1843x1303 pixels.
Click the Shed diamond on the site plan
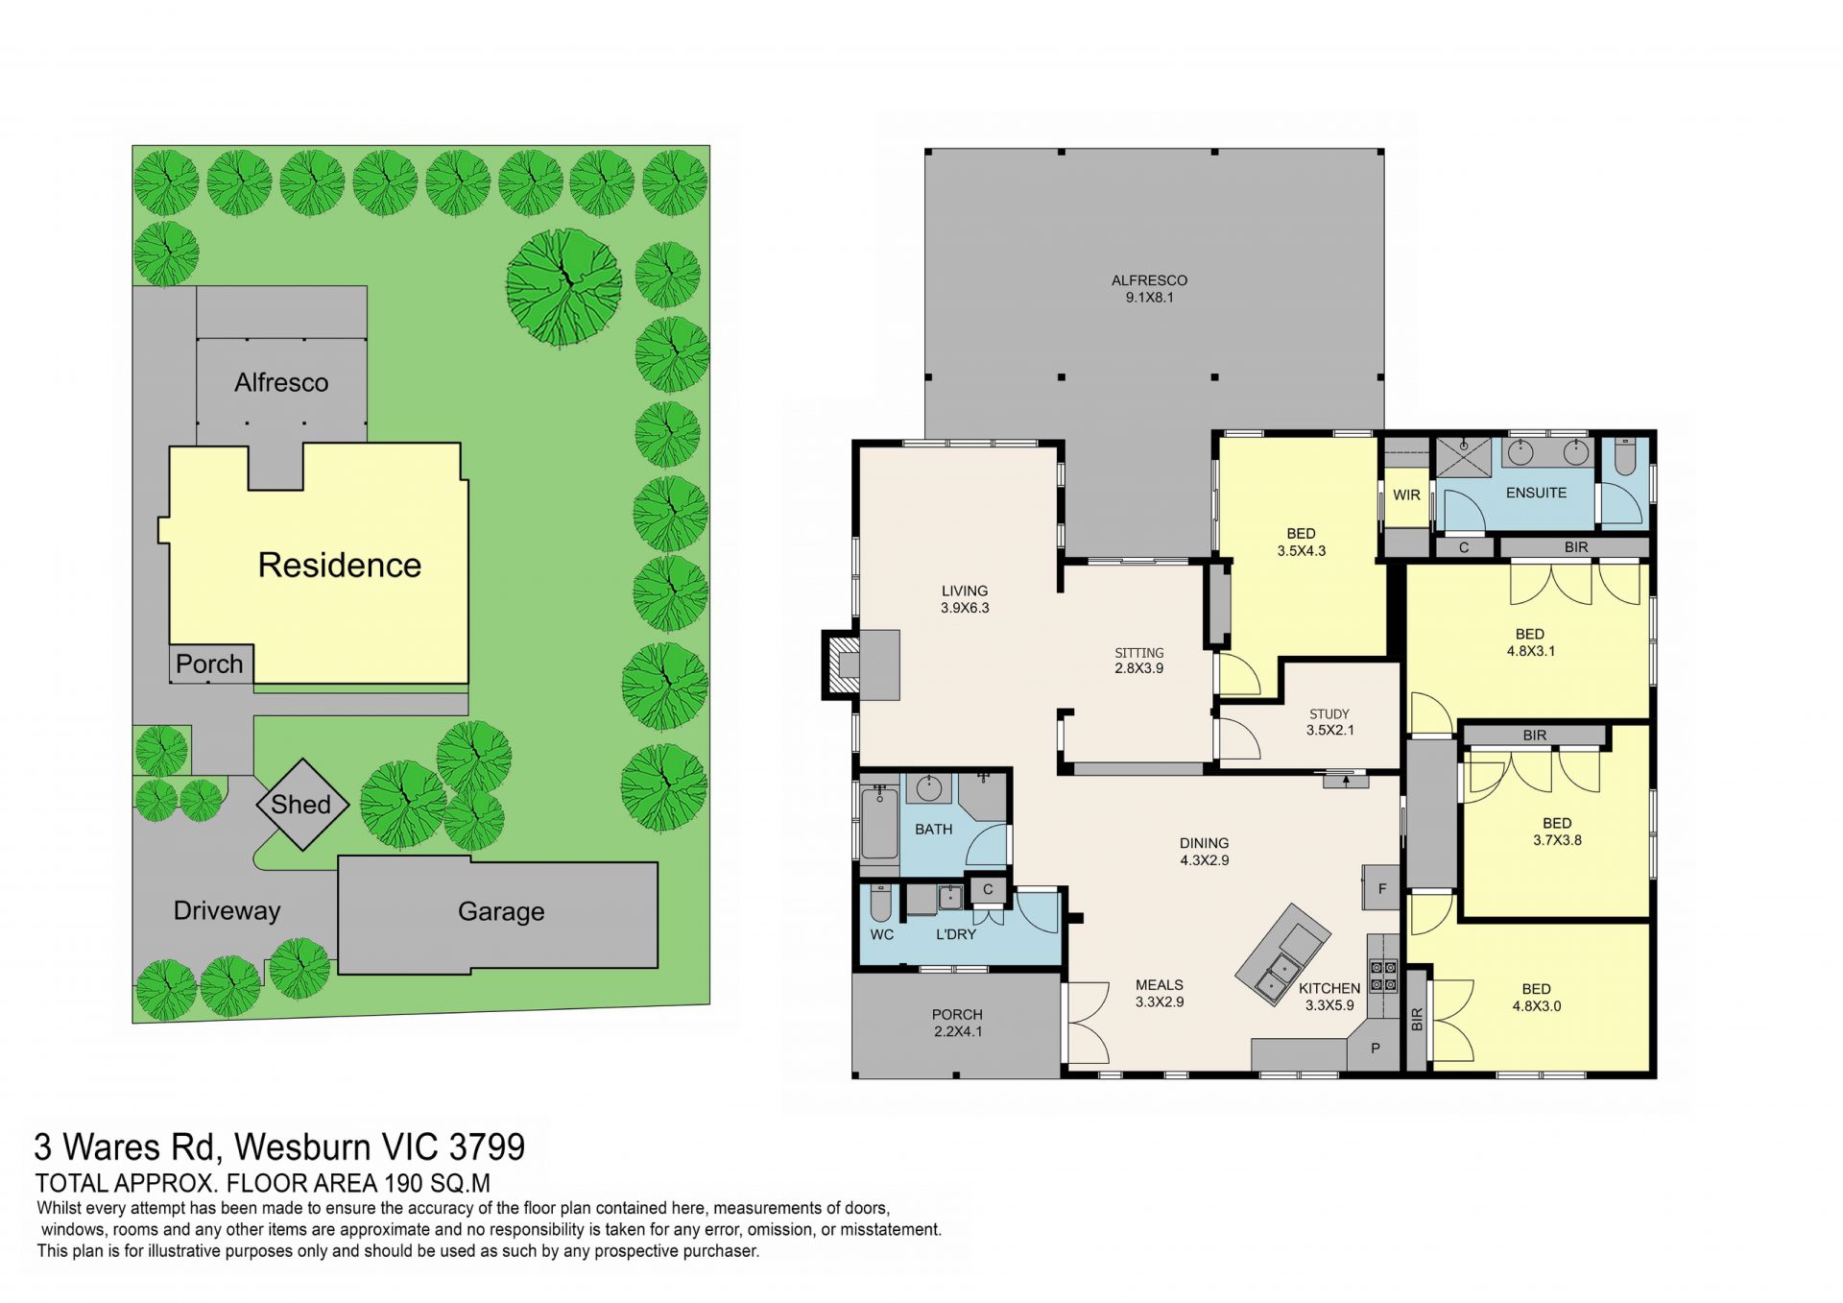point(300,805)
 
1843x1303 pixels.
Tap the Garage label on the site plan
point(501,911)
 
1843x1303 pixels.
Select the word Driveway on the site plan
point(227,910)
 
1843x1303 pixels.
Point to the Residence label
point(340,565)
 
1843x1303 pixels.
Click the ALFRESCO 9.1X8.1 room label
point(1149,289)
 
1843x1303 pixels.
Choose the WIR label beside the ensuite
point(1406,495)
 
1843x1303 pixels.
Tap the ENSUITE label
point(1536,493)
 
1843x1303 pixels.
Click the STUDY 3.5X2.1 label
point(1329,722)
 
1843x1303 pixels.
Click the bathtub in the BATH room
point(879,823)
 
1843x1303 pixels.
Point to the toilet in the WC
point(881,905)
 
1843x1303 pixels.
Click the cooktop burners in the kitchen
point(1383,977)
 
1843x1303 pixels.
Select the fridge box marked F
point(1382,889)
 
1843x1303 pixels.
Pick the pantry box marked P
point(1376,1048)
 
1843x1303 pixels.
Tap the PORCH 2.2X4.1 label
point(957,1023)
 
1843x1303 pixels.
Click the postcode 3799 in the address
point(487,1146)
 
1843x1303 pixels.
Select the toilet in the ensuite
point(1624,458)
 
